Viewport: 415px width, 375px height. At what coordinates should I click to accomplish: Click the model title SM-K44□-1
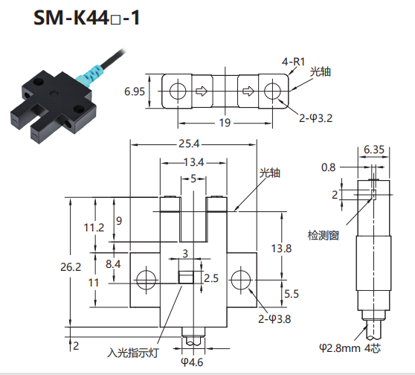click(x=86, y=18)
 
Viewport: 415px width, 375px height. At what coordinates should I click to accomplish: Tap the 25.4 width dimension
click(x=189, y=144)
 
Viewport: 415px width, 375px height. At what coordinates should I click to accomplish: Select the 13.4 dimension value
click(x=193, y=162)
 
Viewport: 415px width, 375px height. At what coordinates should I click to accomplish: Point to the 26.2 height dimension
click(x=71, y=267)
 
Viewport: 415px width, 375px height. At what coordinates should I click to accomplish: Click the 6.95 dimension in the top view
click(x=135, y=92)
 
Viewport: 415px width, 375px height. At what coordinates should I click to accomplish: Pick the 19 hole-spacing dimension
click(x=225, y=123)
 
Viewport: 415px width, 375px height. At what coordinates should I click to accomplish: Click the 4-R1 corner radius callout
click(x=293, y=62)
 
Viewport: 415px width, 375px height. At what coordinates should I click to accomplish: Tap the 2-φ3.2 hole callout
click(x=315, y=118)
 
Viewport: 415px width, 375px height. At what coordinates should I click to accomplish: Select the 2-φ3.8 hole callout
click(x=274, y=319)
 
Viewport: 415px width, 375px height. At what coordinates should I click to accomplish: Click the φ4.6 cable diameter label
click(x=192, y=362)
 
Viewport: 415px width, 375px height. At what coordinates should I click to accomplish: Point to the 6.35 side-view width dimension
click(x=373, y=150)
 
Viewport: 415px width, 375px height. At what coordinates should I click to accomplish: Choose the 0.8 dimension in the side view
click(x=328, y=167)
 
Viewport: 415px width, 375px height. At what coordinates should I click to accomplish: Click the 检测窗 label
click(x=324, y=235)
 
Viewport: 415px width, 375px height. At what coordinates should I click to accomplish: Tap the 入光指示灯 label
click(x=133, y=353)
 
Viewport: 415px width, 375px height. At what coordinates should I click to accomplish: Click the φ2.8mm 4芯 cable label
click(x=350, y=348)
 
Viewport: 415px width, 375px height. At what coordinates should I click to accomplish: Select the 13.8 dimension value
click(x=281, y=249)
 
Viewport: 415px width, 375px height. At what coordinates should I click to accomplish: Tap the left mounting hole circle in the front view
click(x=146, y=280)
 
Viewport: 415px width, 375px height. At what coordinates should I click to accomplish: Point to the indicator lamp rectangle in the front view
click(x=186, y=278)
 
